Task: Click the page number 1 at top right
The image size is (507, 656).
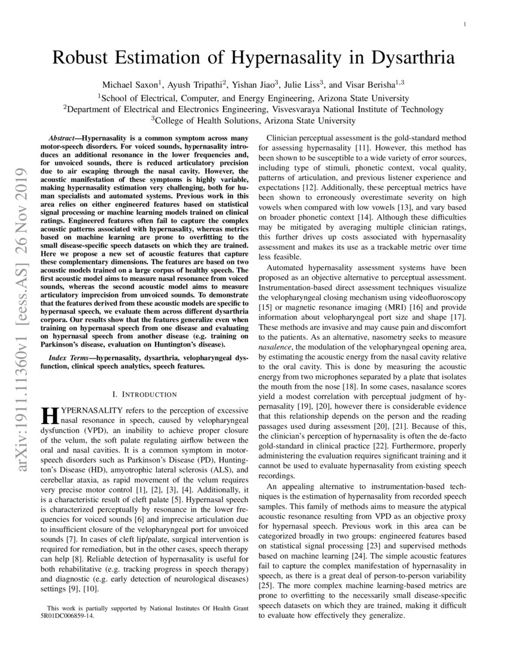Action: point(464,24)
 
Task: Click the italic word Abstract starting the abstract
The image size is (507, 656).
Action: point(62,137)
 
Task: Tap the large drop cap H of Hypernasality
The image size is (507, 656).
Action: point(49,416)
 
